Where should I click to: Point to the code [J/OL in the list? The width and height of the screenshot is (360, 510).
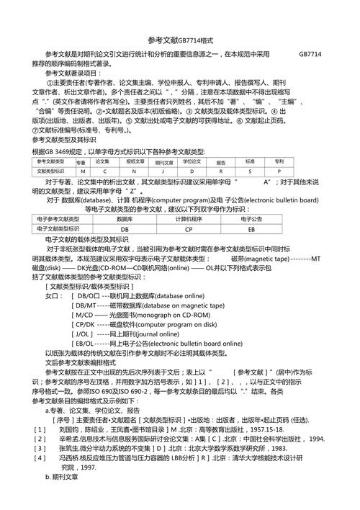pyautogui.click(x=81, y=334)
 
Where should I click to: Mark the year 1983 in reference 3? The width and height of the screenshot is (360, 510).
pyautogui.click(x=277, y=448)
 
